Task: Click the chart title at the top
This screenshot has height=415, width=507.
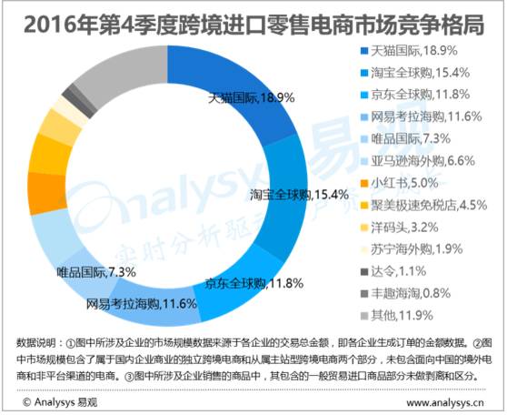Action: click(x=253, y=22)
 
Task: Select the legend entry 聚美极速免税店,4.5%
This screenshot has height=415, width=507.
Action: click(x=423, y=201)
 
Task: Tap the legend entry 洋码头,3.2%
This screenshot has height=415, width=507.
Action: click(x=401, y=222)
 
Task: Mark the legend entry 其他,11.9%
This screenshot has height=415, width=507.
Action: click(x=398, y=306)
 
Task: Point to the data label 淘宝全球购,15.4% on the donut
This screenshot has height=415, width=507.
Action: click(x=287, y=195)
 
